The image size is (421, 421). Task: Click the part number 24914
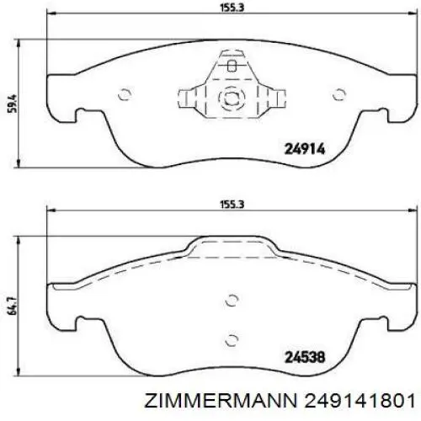tap(305, 149)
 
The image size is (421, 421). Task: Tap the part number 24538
tap(305, 357)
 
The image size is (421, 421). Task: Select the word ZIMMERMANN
tap(221, 401)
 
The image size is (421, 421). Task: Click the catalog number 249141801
tap(360, 401)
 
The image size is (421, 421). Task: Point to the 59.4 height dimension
tap(13, 104)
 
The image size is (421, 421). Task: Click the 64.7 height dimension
tap(13, 306)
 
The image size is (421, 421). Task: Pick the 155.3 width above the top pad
tap(232, 8)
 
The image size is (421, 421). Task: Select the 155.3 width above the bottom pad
tap(232, 204)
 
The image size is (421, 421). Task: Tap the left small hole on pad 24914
tap(125, 94)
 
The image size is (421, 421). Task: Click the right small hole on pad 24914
tap(339, 94)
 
